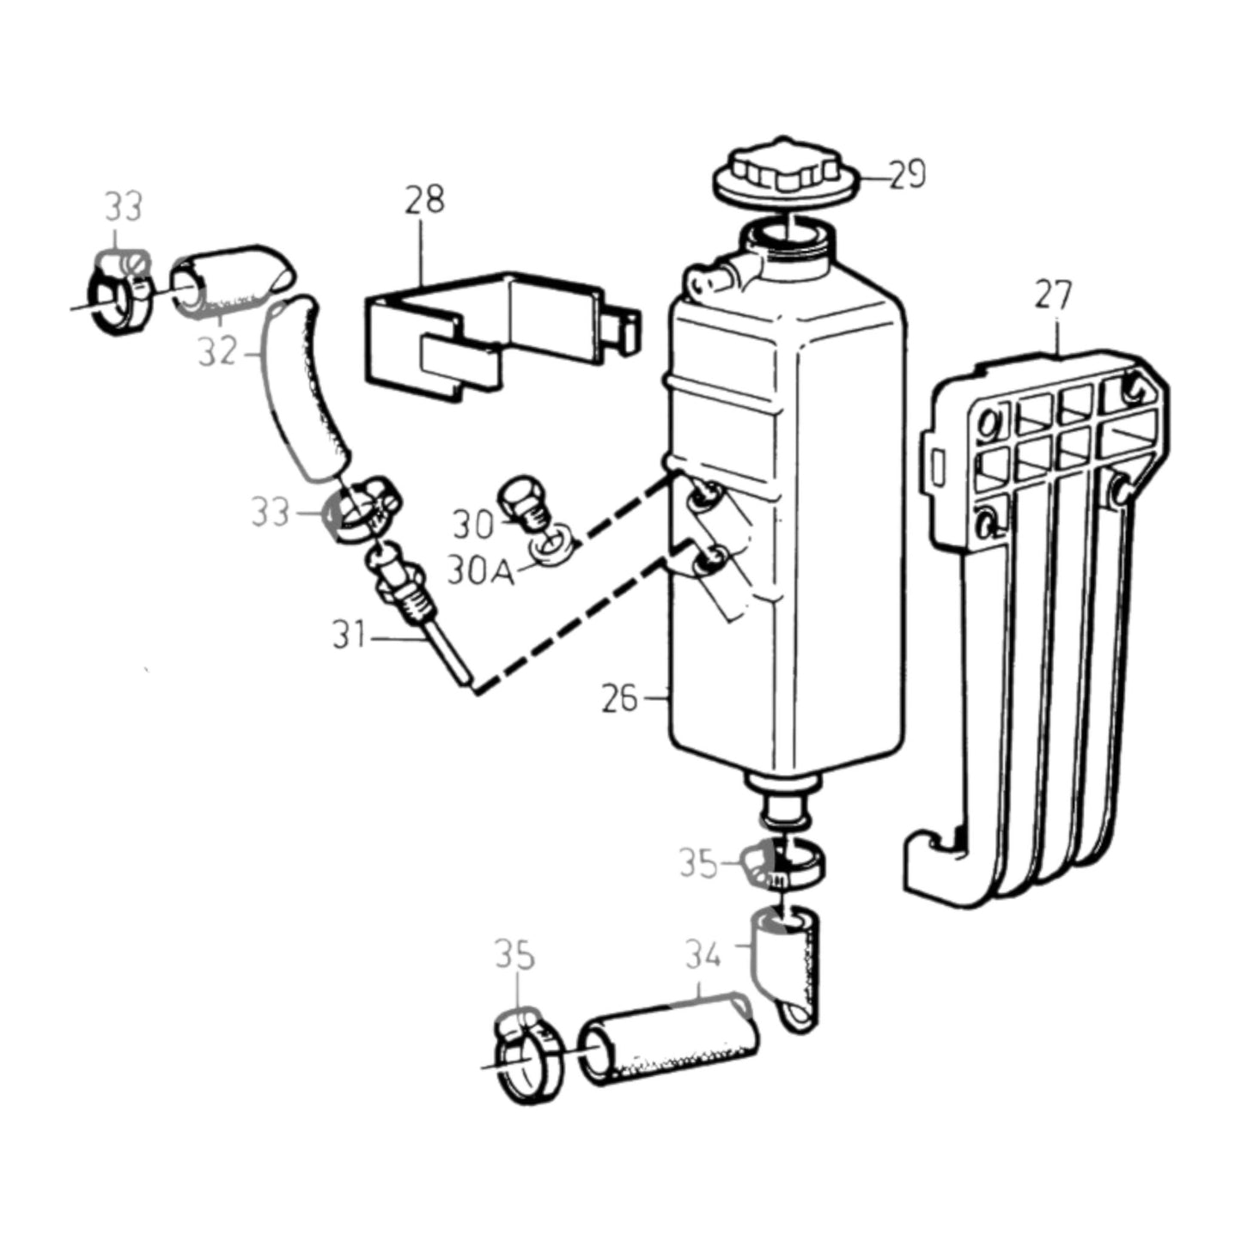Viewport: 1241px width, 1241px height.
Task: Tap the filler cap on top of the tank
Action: pyautogui.click(x=786, y=173)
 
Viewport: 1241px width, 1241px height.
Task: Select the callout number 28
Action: pyautogui.click(x=424, y=199)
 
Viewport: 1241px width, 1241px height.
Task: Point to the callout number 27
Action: pyautogui.click(x=1054, y=295)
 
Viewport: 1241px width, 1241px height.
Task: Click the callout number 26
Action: pyautogui.click(x=619, y=698)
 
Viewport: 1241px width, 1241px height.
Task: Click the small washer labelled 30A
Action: pyautogui.click(x=552, y=544)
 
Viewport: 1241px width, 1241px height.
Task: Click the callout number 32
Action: pyautogui.click(x=217, y=351)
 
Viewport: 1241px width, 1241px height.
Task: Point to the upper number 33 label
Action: pyautogui.click(x=124, y=207)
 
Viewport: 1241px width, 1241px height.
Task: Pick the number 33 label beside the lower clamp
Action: pyautogui.click(x=270, y=512)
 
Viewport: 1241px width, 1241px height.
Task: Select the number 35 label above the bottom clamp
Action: pyautogui.click(x=514, y=954)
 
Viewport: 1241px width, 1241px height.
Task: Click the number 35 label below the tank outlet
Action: pyautogui.click(x=699, y=863)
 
